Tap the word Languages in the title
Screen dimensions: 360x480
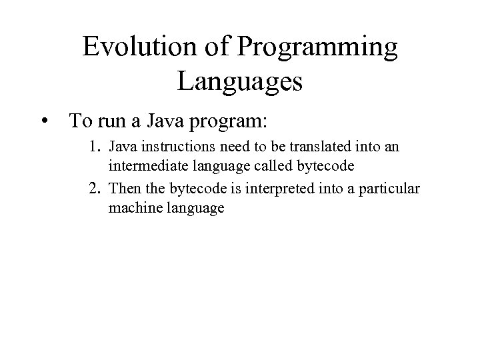coord(240,83)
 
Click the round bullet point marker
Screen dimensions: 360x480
coord(44,122)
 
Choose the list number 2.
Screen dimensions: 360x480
coord(95,189)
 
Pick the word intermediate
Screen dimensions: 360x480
coord(141,167)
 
